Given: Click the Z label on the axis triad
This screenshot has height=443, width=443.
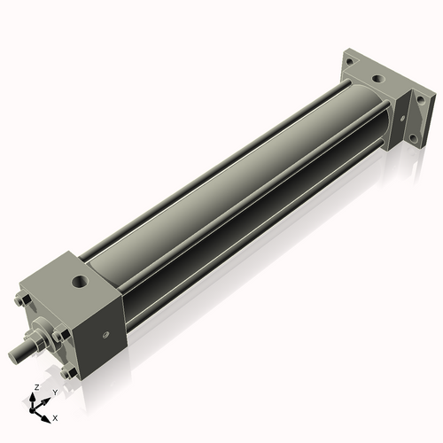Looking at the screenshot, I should [35, 387].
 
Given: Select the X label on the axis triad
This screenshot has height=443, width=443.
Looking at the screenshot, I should [56, 416].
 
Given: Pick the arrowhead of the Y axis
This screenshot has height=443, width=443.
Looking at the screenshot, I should [46, 398].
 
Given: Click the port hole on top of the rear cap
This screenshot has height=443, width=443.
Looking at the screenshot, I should [378, 80].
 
